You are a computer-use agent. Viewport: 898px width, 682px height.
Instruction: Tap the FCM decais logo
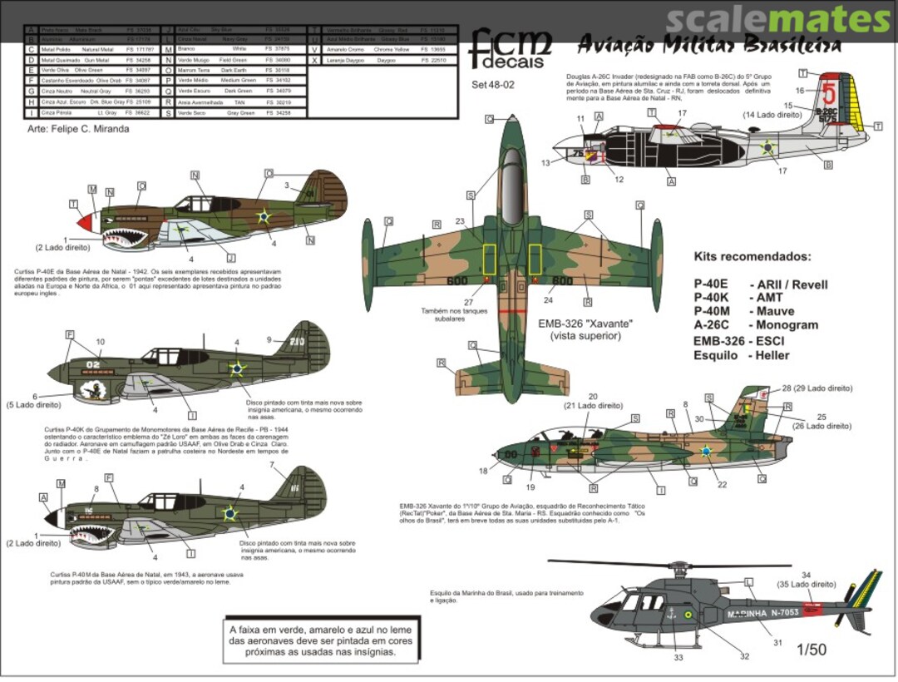coord(509,48)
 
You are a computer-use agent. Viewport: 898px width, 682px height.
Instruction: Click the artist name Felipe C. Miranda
coord(78,129)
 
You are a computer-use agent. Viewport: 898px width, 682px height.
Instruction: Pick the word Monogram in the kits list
coord(787,325)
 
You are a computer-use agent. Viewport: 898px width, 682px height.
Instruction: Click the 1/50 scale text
coord(810,650)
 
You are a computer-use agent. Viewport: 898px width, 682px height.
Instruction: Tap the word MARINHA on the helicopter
coord(747,614)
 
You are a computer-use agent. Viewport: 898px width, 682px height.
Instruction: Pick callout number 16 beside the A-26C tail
coord(800,90)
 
